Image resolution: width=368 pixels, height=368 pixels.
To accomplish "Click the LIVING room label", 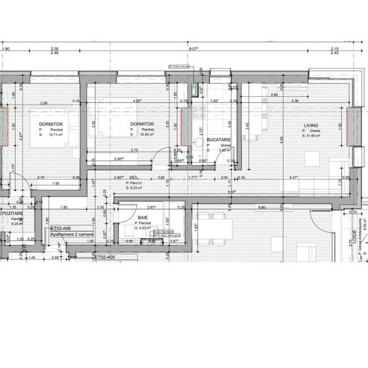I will click(310, 125).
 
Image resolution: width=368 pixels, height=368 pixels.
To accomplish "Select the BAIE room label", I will click(142, 218).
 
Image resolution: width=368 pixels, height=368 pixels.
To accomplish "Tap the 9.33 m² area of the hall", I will click(138, 188).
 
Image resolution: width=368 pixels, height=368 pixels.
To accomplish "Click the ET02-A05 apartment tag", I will click(105, 258).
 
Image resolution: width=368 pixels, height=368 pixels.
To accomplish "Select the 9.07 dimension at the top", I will click(193, 48).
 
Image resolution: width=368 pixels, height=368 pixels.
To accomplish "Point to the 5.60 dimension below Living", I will click(261, 207).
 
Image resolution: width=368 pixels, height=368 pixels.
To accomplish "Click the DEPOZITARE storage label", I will click(12, 213).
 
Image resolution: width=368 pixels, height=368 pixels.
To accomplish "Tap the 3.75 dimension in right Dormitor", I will click(133, 150).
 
